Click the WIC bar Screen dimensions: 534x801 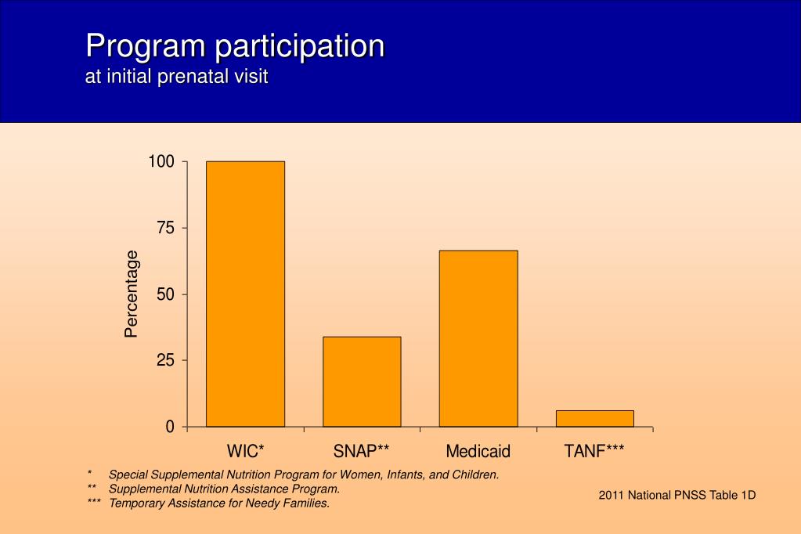[x=245, y=294]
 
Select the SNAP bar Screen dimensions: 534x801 [x=362, y=381]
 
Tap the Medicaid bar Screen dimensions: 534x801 [x=478, y=338]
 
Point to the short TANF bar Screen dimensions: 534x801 [x=595, y=419]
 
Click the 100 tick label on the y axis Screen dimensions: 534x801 [x=161, y=162]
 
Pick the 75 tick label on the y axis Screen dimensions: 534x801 [x=165, y=228]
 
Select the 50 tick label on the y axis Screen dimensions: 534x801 [x=165, y=294]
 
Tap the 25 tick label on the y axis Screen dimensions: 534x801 [x=165, y=360]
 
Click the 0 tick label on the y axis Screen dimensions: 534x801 [x=170, y=427]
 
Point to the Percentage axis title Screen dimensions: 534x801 [x=132, y=294]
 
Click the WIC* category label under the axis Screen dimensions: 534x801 [x=246, y=451]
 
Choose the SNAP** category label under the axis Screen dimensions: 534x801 [x=362, y=451]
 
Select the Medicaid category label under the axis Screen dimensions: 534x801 [x=478, y=451]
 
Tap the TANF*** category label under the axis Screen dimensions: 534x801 [x=594, y=451]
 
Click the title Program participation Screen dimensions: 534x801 [x=235, y=46]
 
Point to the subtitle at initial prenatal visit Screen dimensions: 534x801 [x=177, y=77]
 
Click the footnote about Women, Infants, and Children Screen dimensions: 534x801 [x=304, y=474]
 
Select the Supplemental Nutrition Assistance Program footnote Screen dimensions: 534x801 [x=224, y=489]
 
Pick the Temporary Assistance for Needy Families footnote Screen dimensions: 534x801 [x=219, y=503]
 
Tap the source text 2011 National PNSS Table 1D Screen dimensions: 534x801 [x=677, y=495]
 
